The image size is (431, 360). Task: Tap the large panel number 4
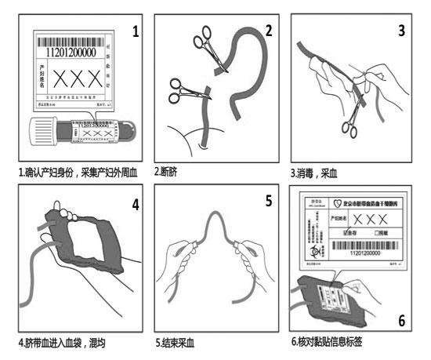coord(136,205)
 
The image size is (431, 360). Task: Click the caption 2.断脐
coord(165,171)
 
